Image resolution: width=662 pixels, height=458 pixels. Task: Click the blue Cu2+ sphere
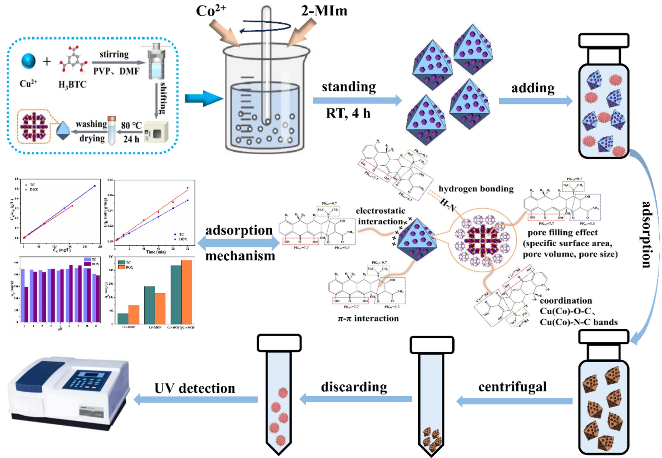[x=28, y=61]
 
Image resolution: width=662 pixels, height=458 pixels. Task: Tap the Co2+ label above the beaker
[x=211, y=10]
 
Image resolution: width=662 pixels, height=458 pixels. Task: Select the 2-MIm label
[x=324, y=10]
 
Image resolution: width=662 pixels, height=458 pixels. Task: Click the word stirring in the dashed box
[x=114, y=54]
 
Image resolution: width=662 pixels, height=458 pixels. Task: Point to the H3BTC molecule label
[x=72, y=85]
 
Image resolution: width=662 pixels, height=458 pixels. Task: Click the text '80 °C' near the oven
[x=131, y=125]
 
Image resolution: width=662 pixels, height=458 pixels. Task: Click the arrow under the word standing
[x=357, y=101]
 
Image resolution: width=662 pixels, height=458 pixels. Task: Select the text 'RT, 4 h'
[x=348, y=113]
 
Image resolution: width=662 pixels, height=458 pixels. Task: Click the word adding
[x=532, y=88]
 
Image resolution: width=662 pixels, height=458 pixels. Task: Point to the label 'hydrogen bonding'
[x=476, y=189]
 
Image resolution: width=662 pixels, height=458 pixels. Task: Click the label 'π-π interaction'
[x=368, y=318]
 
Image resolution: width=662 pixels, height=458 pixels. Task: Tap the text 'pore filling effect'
[x=562, y=232]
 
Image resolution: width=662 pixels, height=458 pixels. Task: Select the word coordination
[x=566, y=300]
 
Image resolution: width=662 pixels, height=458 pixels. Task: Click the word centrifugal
[x=512, y=387]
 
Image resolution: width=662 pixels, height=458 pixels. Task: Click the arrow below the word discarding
[x=356, y=399]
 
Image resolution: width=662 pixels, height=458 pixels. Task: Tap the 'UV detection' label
[x=195, y=388]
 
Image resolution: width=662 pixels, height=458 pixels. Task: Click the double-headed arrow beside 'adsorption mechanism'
[x=238, y=243]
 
